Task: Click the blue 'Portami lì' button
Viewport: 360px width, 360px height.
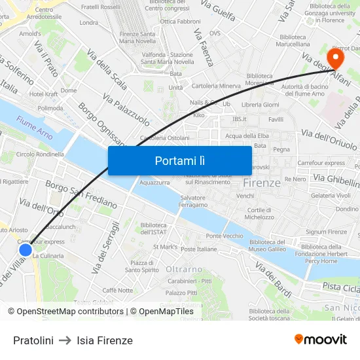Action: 179,160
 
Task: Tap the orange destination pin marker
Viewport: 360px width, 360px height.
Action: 335,58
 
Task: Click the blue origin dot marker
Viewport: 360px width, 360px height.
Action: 26,249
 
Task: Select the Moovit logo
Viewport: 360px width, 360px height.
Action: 321,339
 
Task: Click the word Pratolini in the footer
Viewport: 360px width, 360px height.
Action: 33,340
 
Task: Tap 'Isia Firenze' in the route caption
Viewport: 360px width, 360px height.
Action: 105,340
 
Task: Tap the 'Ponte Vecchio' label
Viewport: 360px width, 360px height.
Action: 224,236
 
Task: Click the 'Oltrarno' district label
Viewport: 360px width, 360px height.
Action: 184,269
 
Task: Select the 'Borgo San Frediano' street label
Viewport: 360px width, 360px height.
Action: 81,194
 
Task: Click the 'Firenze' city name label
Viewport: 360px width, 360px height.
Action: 262,183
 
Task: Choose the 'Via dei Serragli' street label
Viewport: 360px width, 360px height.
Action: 106,247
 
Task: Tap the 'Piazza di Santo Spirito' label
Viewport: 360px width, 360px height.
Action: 142,266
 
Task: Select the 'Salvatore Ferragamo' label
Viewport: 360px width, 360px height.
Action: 193,201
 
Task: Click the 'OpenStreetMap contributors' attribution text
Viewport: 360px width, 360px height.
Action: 70,312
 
